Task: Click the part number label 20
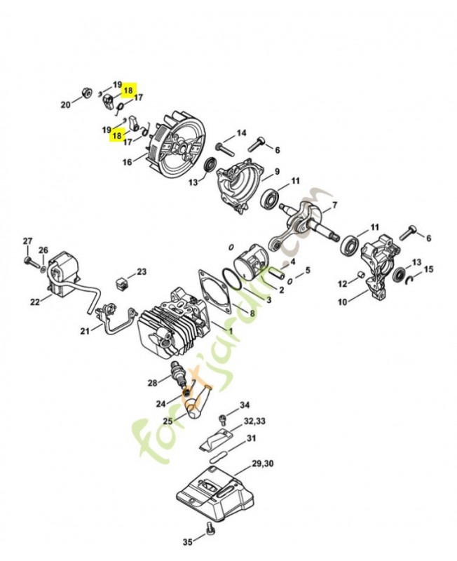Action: tap(65, 104)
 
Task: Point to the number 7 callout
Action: tap(334, 205)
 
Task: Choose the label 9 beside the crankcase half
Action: tap(276, 172)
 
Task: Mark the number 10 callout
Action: tap(343, 302)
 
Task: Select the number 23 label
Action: tap(142, 271)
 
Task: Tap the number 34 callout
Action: tap(244, 405)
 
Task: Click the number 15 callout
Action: tap(429, 269)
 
